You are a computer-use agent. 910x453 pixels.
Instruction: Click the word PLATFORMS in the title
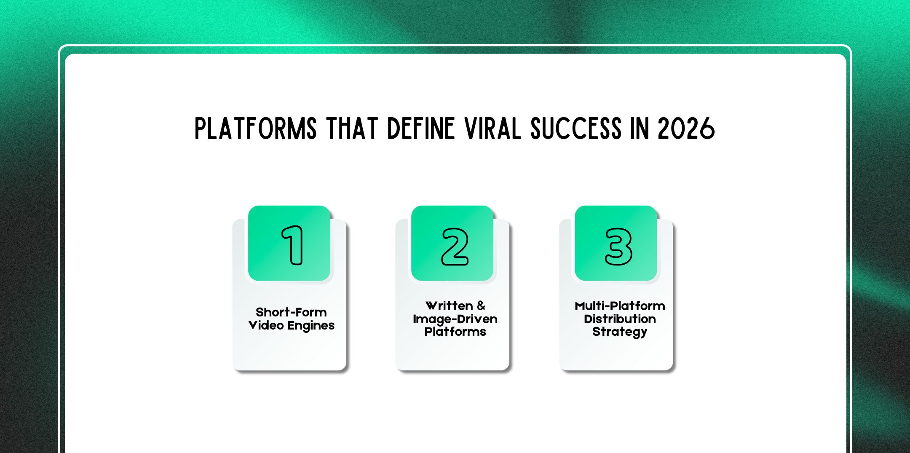coord(255,129)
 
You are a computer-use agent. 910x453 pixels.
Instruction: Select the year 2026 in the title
coord(686,129)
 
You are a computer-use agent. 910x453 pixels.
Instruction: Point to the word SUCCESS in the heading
coord(575,129)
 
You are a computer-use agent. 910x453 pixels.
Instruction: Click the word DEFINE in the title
coord(421,129)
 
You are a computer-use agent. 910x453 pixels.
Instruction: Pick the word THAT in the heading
coord(352,129)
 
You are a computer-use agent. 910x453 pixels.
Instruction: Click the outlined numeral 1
coord(293,245)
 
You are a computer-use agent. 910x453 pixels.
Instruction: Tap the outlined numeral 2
coord(455,247)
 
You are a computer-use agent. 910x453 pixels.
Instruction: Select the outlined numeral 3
coord(618,247)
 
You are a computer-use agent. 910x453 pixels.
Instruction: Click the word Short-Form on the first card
coord(291,312)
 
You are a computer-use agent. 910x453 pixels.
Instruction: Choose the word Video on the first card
coord(266,325)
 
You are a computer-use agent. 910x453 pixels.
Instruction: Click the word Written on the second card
coord(449,306)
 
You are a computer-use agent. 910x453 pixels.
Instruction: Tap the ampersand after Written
coord(481,306)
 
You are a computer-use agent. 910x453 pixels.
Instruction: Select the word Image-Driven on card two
coord(455,319)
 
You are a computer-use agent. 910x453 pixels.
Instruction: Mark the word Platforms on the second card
coord(455,332)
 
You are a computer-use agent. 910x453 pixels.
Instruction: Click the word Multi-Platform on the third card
coord(620,306)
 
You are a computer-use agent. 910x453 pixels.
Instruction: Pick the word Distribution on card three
coord(620,319)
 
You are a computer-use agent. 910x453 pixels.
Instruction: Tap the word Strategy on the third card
coord(619,332)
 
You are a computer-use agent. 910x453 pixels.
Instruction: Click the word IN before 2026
coord(639,129)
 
